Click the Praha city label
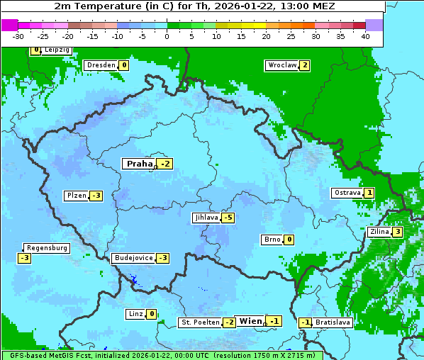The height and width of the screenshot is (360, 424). click(x=139, y=164)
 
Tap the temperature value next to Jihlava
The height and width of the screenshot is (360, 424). click(x=228, y=218)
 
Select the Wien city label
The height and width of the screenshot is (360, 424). click(x=250, y=321)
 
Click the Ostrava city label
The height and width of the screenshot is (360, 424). click(x=347, y=193)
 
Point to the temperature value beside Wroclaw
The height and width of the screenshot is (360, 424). click(x=304, y=65)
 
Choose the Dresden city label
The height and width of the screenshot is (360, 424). click(x=101, y=65)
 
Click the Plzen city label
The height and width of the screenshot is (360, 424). click(x=76, y=196)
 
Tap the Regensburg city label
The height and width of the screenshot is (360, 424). click(x=47, y=248)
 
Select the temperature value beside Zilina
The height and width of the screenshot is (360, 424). click(x=398, y=232)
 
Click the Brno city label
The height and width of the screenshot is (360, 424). click(x=272, y=240)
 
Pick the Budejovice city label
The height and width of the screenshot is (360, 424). click(x=133, y=258)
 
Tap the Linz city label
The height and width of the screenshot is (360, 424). click(x=135, y=314)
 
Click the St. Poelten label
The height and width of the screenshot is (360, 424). click(x=200, y=322)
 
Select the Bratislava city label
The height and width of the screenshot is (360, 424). click(x=333, y=322)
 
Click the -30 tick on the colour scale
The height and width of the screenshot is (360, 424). click(x=18, y=35)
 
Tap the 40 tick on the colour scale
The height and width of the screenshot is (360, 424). click(x=365, y=35)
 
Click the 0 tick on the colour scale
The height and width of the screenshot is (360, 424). click(x=167, y=35)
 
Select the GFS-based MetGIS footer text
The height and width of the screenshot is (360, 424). click(x=162, y=355)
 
